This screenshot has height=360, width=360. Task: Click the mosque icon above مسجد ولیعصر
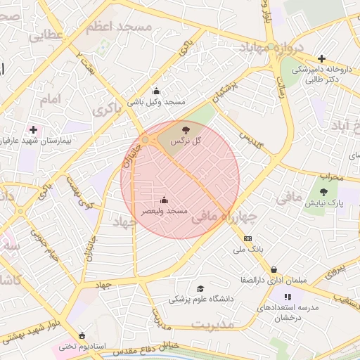tap(165, 200)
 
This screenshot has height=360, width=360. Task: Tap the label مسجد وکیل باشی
tap(155, 102)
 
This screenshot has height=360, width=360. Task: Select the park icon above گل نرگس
tap(186, 129)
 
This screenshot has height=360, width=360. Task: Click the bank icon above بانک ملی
tap(247, 238)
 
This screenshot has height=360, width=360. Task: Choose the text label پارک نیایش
tap(323, 202)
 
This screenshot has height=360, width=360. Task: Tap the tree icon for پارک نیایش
tap(323, 191)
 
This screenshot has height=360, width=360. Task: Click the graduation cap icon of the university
tap(200, 288)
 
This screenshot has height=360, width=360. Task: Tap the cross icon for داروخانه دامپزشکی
tap(321, 58)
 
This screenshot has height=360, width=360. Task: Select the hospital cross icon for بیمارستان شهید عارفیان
tap(33, 129)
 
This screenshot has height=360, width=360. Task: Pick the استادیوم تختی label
tap(82, 346)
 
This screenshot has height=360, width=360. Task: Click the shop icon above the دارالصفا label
tap(274, 269)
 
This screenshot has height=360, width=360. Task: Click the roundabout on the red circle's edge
tap(146, 141)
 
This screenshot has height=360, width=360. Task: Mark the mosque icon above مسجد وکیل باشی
tap(155, 91)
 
